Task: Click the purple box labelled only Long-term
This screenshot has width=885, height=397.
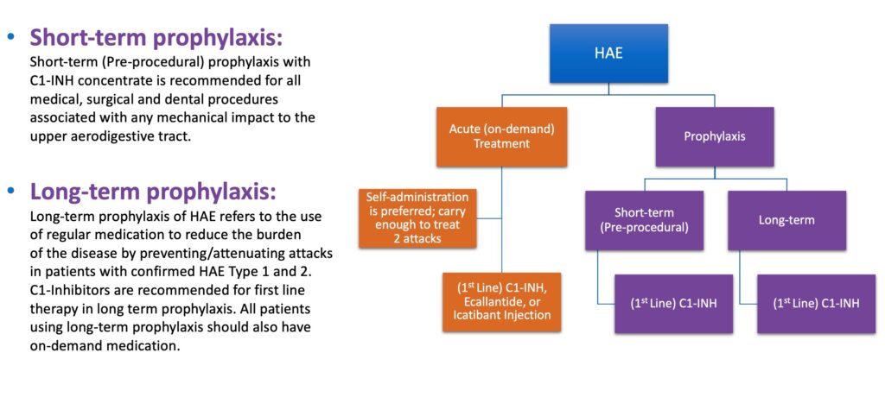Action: point(786,220)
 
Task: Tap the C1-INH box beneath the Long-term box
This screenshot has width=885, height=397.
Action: point(817,304)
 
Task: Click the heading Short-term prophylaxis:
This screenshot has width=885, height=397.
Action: point(156,39)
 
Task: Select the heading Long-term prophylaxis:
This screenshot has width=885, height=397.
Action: point(153,191)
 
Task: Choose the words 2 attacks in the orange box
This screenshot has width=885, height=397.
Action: point(416,237)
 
